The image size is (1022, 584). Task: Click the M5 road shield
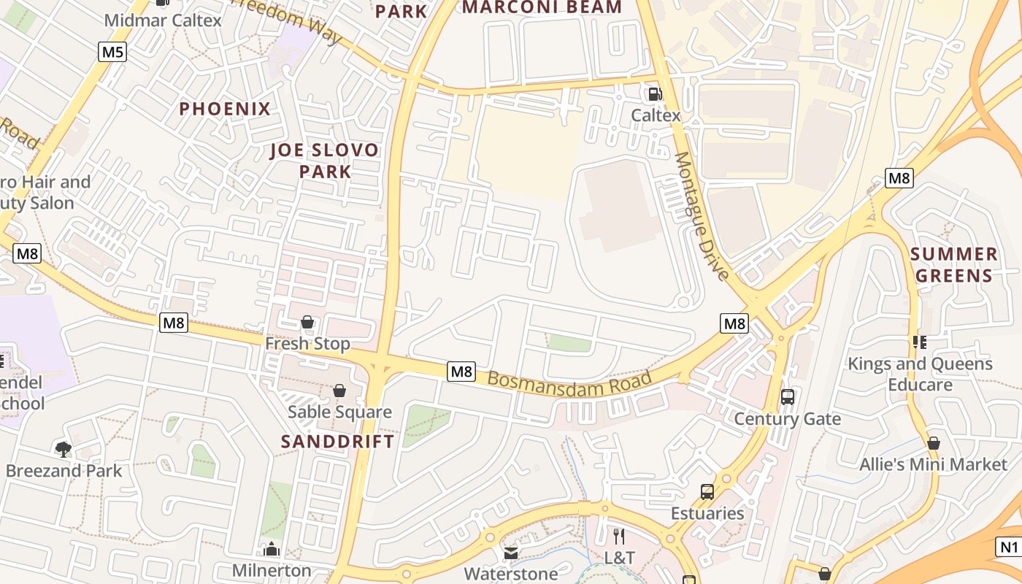click(x=112, y=52)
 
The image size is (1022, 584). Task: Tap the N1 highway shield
click(x=1008, y=547)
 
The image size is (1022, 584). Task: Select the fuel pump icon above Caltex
click(x=655, y=93)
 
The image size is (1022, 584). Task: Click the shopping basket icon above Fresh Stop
click(x=307, y=322)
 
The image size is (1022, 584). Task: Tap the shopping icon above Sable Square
click(x=339, y=391)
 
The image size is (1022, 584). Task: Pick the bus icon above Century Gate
click(x=787, y=397)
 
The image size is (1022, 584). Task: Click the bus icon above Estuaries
click(x=707, y=491)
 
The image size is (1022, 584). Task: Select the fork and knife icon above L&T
click(x=619, y=537)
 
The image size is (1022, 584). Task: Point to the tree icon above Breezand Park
click(x=64, y=449)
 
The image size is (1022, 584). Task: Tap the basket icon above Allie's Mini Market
click(x=933, y=443)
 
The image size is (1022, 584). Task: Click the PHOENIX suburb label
click(x=225, y=109)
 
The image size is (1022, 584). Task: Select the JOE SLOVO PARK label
click(x=324, y=161)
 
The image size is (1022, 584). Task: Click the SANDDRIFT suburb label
click(x=337, y=441)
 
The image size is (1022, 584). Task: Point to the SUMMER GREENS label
click(x=954, y=265)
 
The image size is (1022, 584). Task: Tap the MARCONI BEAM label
click(x=542, y=7)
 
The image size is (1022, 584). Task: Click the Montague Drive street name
click(x=701, y=216)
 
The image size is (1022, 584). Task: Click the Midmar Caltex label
click(x=162, y=20)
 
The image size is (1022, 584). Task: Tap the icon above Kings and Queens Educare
click(x=919, y=342)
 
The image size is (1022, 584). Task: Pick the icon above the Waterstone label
click(x=511, y=553)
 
